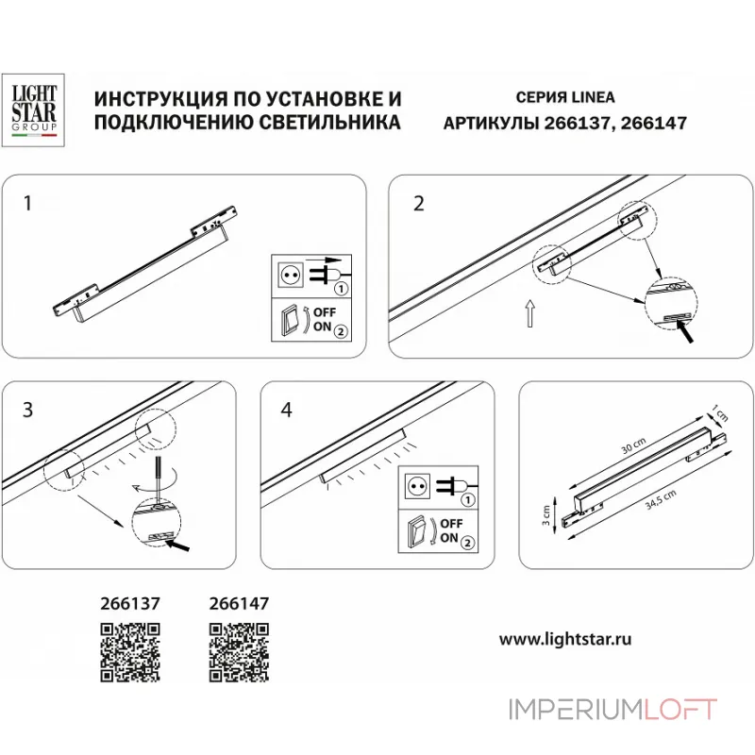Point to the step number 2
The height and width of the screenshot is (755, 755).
click(419, 203)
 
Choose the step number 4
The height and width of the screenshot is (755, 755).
click(287, 409)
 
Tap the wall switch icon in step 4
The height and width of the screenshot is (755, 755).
click(415, 531)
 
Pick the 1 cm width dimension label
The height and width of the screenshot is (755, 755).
click(723, 413)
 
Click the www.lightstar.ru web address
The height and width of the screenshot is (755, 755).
click(564, 639)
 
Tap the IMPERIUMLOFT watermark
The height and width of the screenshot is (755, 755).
click(612, 709)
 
